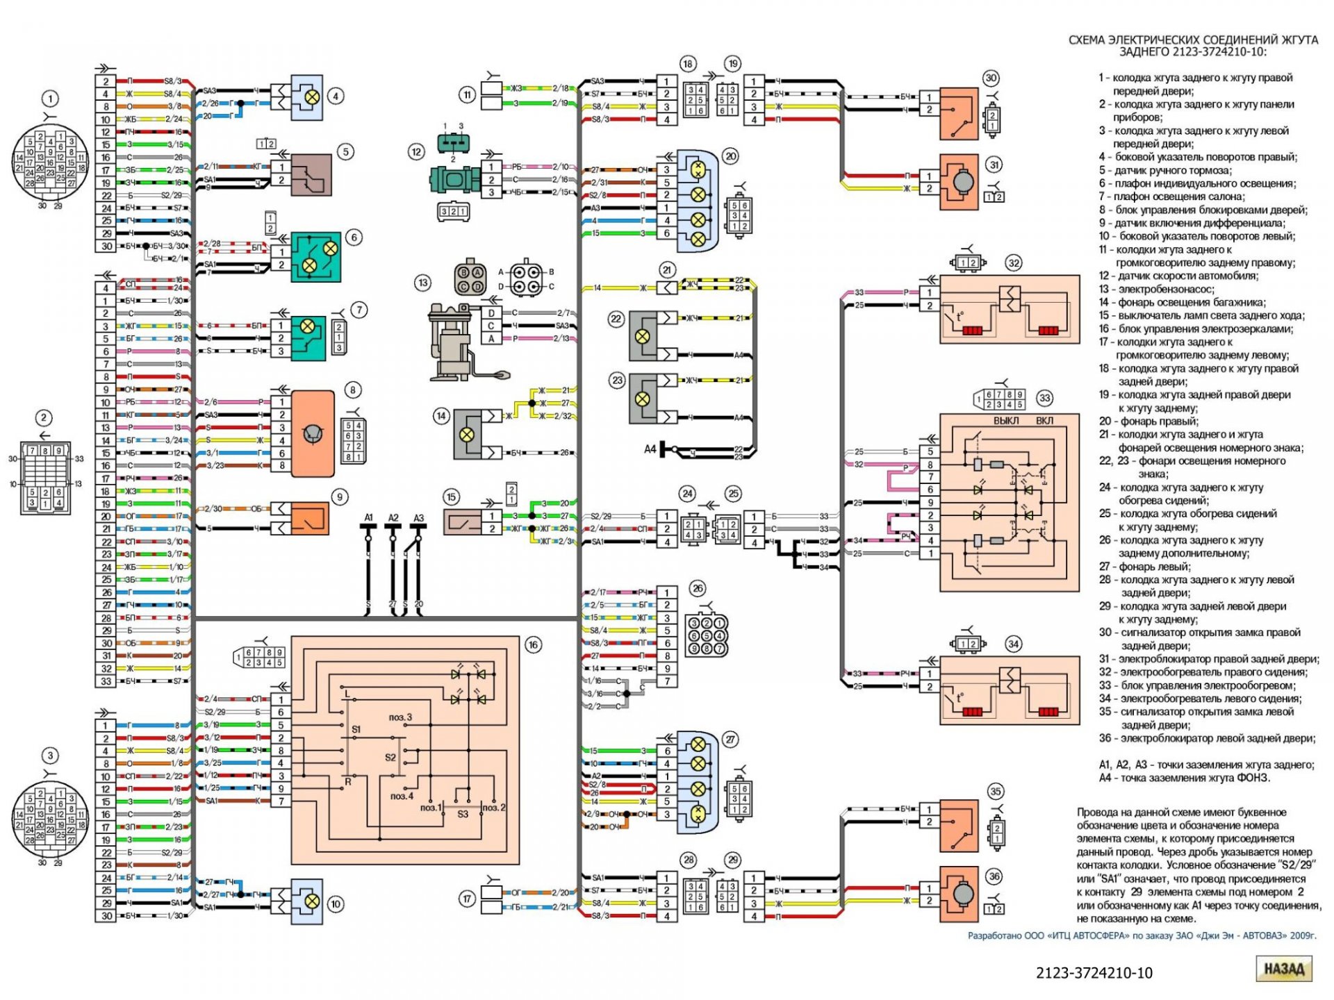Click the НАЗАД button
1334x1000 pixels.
pos(1283,969)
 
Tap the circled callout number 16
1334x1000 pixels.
pos(533,645)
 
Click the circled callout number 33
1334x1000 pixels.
pos(1044,398)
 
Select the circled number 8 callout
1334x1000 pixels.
pos(353,390)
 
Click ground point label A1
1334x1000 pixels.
pos(368,518)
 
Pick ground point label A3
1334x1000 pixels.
pos(418,518)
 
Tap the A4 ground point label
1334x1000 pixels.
pos(650,449)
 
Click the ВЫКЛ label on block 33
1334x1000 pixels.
pos(1006,421)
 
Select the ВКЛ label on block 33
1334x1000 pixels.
pos(1044,421)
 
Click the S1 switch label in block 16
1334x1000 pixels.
pos(356,729)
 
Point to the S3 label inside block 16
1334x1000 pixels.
pos(463,814)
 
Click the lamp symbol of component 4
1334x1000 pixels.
pos(313,97)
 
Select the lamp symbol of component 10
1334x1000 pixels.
pos(313,901)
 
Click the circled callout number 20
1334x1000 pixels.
pos(730,156)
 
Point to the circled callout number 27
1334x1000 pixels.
pos(730,740)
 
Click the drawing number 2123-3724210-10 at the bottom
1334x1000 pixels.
pos(1094,973)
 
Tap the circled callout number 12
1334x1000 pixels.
pos(416,152)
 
